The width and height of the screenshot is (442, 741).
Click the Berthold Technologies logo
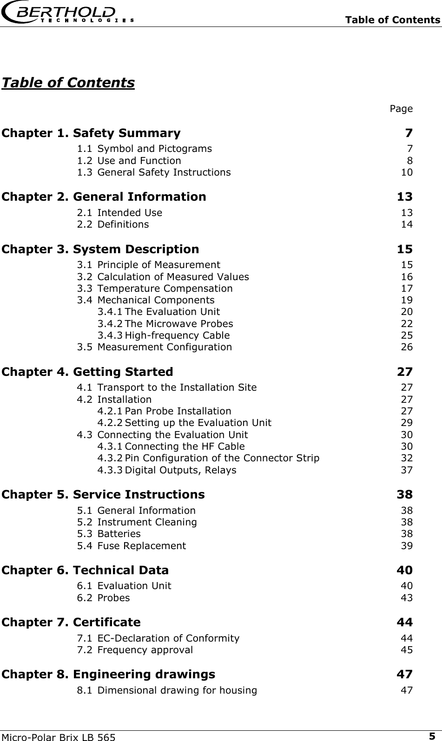(69, 13)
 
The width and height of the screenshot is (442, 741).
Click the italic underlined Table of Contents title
(68, 83)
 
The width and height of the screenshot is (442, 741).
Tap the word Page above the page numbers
(401, 109)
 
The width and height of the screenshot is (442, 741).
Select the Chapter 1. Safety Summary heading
(91, 133)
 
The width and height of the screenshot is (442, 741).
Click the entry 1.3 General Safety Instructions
(154, 172)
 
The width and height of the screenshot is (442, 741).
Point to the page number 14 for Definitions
(407, 224)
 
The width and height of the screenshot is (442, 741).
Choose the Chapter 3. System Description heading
(100, 249)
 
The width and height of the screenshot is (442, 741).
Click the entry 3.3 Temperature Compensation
(155, 289)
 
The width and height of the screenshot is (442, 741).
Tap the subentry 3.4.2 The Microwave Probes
(165, 324)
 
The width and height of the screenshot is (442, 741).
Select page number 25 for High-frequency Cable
(407, 335)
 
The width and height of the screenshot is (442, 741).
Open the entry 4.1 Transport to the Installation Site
(167, 387)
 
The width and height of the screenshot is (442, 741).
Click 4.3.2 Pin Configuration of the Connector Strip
(208, 458)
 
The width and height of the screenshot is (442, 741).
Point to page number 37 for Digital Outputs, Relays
(407, 470)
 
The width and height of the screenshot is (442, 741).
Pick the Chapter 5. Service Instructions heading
(103, 494)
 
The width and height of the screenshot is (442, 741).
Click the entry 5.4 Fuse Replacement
(132, 546)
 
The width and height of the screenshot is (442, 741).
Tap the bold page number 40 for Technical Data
(404, 570)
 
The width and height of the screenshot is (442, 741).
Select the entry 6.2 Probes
(104, 598)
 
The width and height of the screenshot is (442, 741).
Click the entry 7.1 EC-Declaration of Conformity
(158, 638)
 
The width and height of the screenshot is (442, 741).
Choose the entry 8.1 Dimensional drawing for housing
(167, 690)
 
